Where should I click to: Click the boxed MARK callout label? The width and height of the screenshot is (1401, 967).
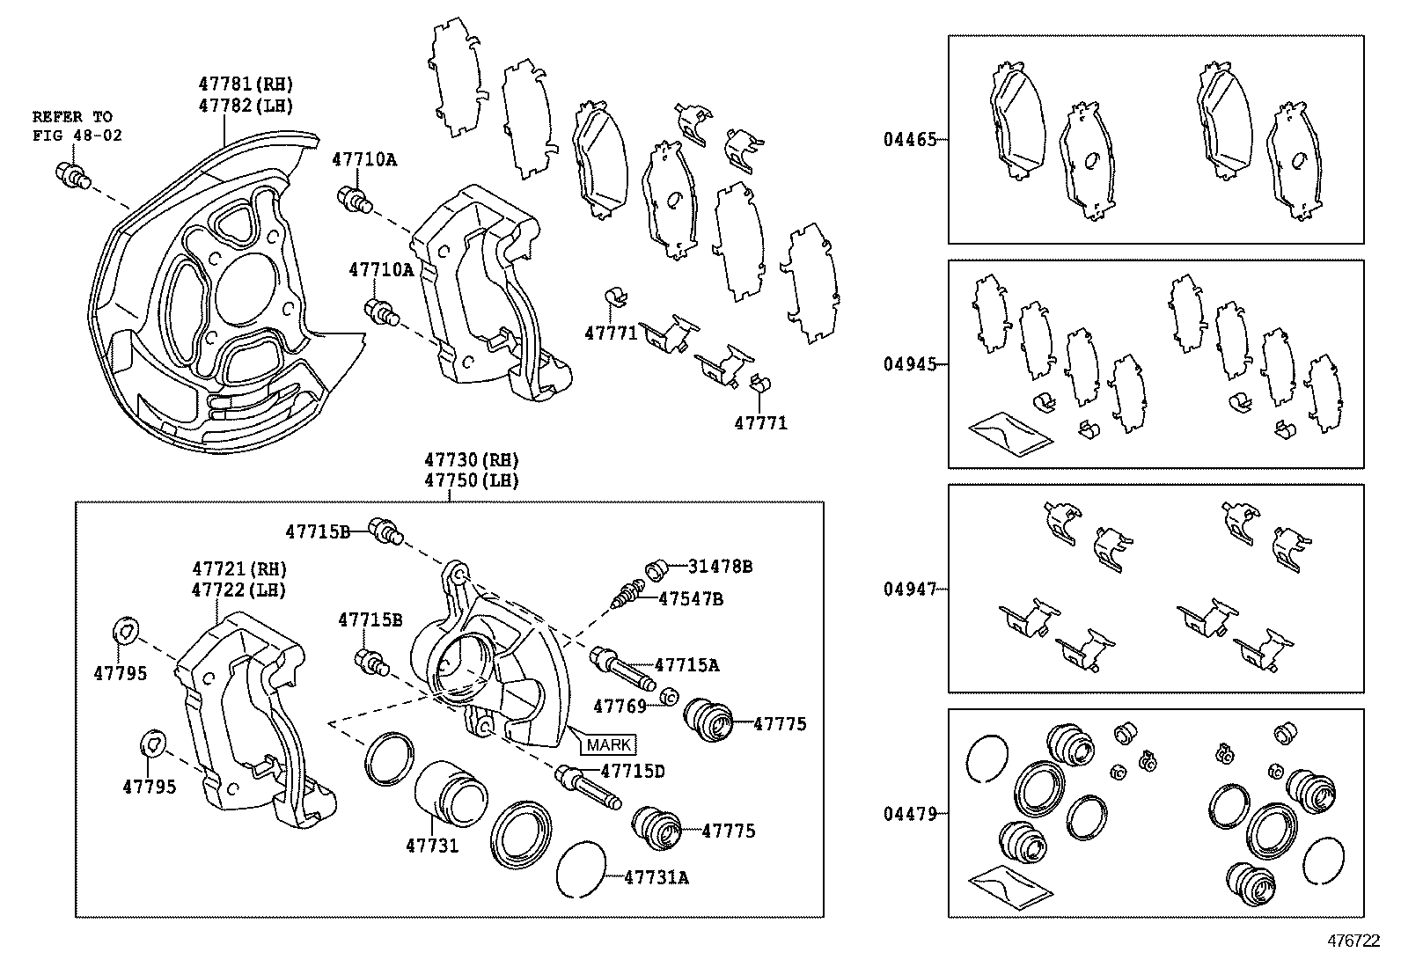point(608,744)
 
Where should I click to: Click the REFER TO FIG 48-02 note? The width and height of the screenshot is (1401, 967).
point(77,126)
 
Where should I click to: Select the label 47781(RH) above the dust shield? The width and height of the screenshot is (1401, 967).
point(245,84)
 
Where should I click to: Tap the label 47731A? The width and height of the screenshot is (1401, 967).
point(656,876)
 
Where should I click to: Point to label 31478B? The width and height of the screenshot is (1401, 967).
point(719,567)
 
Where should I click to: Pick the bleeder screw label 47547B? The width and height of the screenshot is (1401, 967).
point(691,598)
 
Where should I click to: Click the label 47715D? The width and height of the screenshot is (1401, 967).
point(632,771)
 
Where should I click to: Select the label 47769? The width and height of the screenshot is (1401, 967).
point(620,706)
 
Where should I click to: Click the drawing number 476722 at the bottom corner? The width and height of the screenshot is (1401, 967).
point(1353,941)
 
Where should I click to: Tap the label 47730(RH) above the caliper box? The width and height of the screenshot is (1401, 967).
point(471,460)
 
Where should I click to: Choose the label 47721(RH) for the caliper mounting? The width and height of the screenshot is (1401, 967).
point(239,570)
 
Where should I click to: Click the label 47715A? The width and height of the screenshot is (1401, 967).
point(686,665)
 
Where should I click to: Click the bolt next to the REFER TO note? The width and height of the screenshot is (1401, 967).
point(71,174)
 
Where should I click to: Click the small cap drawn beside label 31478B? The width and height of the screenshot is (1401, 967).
point(656,568)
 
